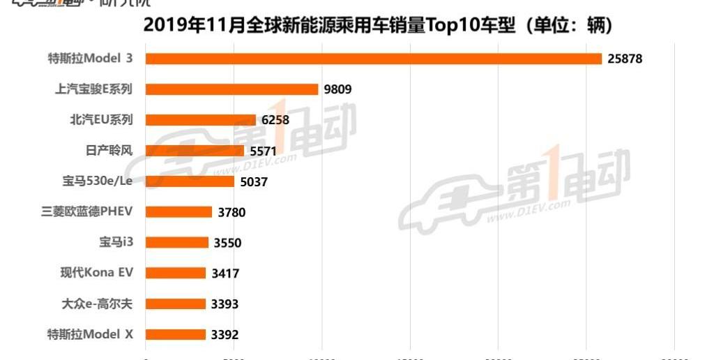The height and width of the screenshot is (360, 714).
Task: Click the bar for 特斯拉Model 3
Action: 373,59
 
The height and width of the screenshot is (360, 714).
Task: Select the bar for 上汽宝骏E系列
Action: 231,89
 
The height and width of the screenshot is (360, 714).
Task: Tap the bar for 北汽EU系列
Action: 200,120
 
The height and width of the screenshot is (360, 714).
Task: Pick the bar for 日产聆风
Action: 195,151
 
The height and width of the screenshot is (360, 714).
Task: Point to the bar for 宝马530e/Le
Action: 190,181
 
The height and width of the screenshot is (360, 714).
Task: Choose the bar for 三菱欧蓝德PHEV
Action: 178,212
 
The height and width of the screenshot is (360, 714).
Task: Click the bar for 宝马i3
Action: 176,243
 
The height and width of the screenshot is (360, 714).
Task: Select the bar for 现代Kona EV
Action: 176,273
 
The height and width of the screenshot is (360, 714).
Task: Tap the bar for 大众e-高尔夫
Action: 176,304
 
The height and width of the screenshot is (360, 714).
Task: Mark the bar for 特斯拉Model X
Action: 176,335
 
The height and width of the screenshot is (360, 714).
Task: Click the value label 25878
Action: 625,59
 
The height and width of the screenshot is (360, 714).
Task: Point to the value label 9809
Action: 337,90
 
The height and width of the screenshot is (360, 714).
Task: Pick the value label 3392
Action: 225,336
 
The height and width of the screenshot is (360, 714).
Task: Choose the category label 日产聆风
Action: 107,151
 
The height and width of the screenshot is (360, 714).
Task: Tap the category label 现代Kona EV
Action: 97,273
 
